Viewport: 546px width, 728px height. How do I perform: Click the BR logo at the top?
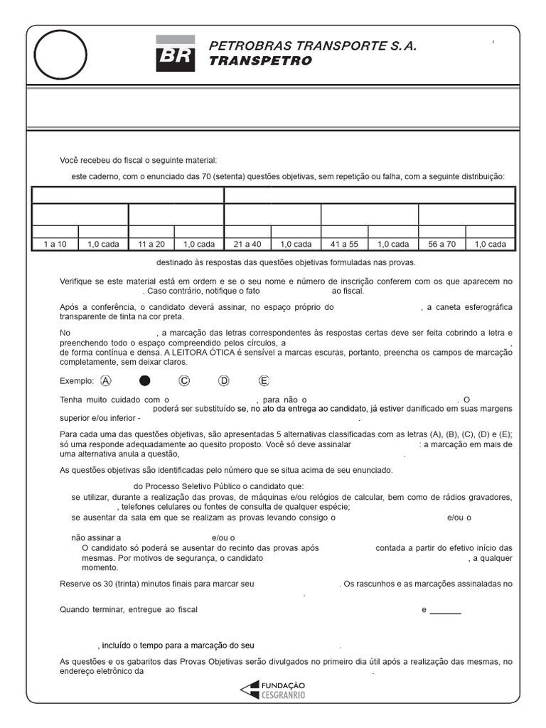175,54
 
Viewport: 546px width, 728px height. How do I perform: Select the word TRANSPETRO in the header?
260,61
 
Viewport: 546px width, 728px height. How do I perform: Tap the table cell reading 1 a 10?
55,244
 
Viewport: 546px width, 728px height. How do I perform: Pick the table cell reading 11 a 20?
151,244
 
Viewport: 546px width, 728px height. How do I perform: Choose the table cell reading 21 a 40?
247,244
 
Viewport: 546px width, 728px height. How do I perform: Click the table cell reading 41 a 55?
345,244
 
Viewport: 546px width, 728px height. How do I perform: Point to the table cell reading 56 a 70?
442,244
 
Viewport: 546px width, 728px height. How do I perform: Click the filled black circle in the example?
145,380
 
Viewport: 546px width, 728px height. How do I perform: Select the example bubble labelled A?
107,380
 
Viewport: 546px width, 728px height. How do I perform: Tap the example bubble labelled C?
184,380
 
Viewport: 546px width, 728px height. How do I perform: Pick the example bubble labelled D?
224,380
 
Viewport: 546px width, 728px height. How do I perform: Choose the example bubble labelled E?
264,380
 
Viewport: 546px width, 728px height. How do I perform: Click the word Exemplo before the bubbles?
77,381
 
